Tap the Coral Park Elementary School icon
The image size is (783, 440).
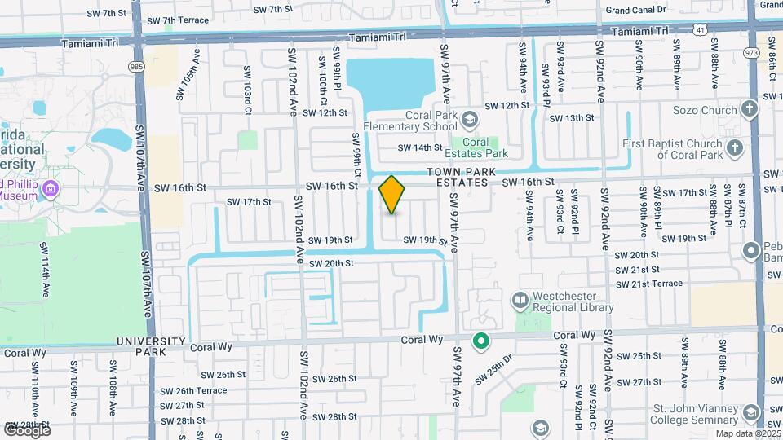point(469,121)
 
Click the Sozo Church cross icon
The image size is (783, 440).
point(750,109)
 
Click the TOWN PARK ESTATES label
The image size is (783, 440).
point(458,178)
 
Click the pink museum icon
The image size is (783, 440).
point(51,190)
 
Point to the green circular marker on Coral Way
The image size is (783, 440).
point(481,341)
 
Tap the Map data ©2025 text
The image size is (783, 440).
point(747,433)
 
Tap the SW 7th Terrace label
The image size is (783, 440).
point(175,19)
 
